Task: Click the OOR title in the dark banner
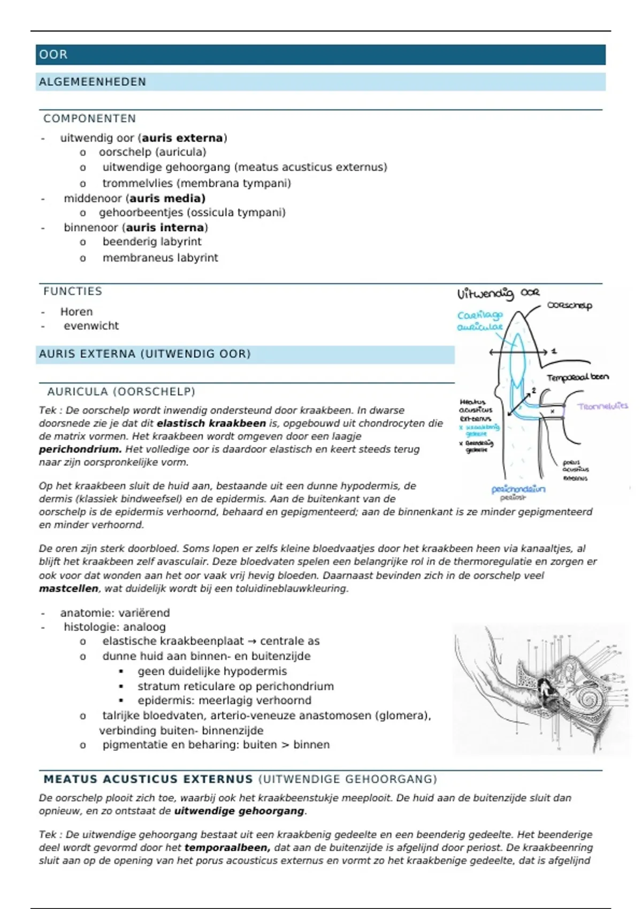tap(53, 55)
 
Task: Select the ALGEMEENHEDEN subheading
tap(92, 82)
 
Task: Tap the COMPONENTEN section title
tap(89, 119)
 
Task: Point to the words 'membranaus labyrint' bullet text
tap(160, 258)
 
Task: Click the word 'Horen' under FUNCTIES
tap(77, 312)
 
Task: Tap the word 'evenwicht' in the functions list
tap(91, 326)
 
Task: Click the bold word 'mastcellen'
tap(68, 589)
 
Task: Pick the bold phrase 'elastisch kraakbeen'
tap(211, 423)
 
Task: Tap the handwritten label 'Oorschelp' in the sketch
tap(569, 306)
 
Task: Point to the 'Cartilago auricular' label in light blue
tap(480, 321)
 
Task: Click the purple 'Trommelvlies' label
tap(602, 406)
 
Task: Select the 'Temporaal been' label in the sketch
tap(577, 378)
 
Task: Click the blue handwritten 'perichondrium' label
tap(518, 489)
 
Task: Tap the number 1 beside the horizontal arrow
tap(554, 351)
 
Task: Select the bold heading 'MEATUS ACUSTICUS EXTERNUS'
tap(148, 780)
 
